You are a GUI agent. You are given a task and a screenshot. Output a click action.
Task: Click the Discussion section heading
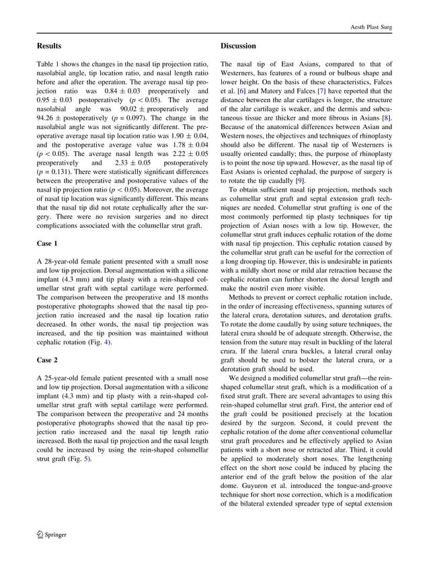coord(238,46)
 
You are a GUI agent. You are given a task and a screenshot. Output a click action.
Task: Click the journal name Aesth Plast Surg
coord(372,26)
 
